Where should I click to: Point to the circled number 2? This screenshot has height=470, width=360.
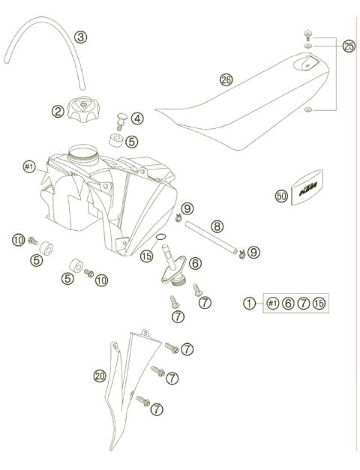57,112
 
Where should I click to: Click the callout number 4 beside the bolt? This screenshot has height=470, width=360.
138,118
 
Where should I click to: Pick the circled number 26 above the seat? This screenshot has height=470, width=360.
226,79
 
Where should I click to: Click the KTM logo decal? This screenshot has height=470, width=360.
309,190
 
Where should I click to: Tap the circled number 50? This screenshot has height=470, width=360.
281,196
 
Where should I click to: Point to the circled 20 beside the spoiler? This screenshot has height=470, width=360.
100,376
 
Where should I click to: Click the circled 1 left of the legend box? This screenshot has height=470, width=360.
249,303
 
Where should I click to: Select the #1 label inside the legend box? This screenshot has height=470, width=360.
273,303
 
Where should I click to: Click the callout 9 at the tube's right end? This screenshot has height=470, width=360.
254,253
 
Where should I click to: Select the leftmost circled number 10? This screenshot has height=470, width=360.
19,240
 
